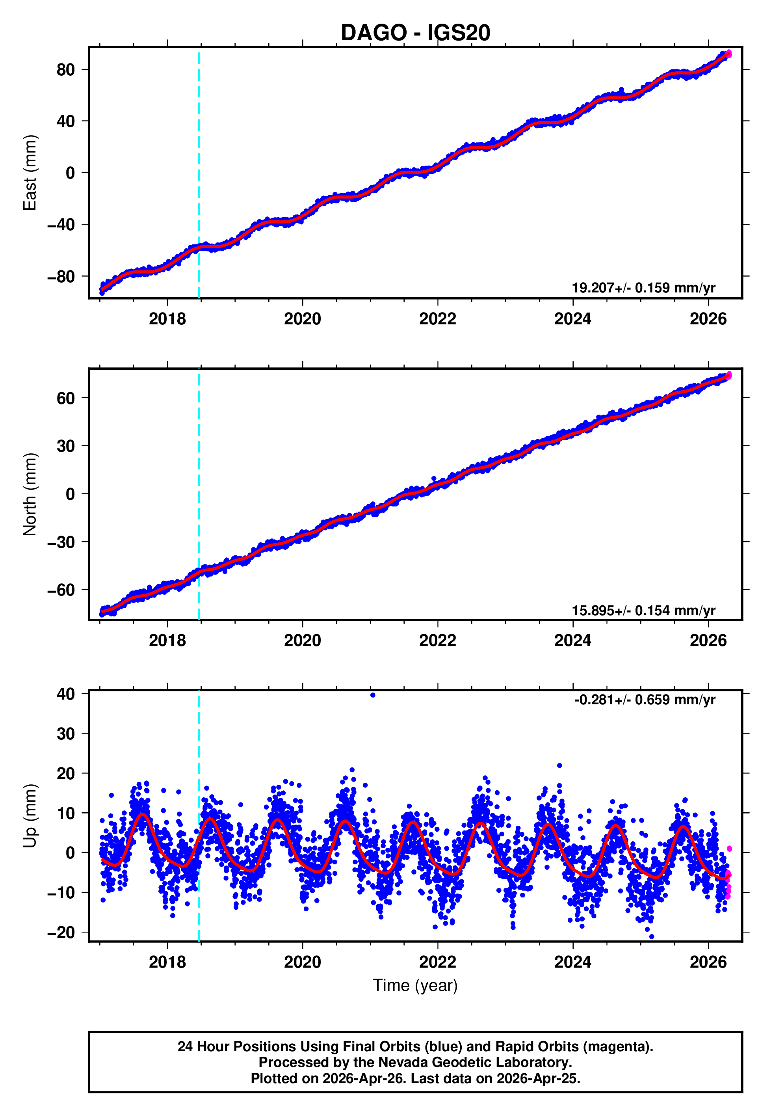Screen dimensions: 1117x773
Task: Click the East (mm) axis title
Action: pyautogui.click(x=30, y=173)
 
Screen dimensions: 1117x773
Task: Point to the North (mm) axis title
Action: pyautogui.click(x=30, y=494)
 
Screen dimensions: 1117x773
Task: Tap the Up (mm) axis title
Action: pyautogui.click(x=30, y=815)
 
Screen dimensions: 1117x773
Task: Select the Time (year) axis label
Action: pyautogui.click(x=415, y=985)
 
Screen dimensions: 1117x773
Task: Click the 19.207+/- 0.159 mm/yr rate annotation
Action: pyautogui.click(x=643, y=288)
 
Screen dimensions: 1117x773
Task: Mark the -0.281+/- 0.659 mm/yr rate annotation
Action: pyautogui.click(x=645, y=700)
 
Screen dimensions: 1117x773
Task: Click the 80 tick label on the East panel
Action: pyautogui.click(x=66, y=70)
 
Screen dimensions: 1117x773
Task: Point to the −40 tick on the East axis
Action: pyautogui.click(x=61, y=225)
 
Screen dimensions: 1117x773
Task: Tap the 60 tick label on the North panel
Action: pyautogui.click(x=66, y=398)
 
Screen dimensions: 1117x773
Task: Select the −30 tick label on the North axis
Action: pyautogui.click(x=61, y=542)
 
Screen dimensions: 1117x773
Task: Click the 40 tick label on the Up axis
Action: pyautogui.click(x=66, y=694)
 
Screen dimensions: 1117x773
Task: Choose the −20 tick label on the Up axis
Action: pyautogui.click(x=61, y=933)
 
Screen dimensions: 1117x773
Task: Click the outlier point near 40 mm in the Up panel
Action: pyautogui.click(x=372, y=695)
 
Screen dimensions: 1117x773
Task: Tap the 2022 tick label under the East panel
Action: pyautogui.click(x=437, y=319)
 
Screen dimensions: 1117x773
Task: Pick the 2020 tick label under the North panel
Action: pyautogui.click(x=302, y=640)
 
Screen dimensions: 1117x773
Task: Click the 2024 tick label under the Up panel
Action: pyautogui.click(x=572, y=962)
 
